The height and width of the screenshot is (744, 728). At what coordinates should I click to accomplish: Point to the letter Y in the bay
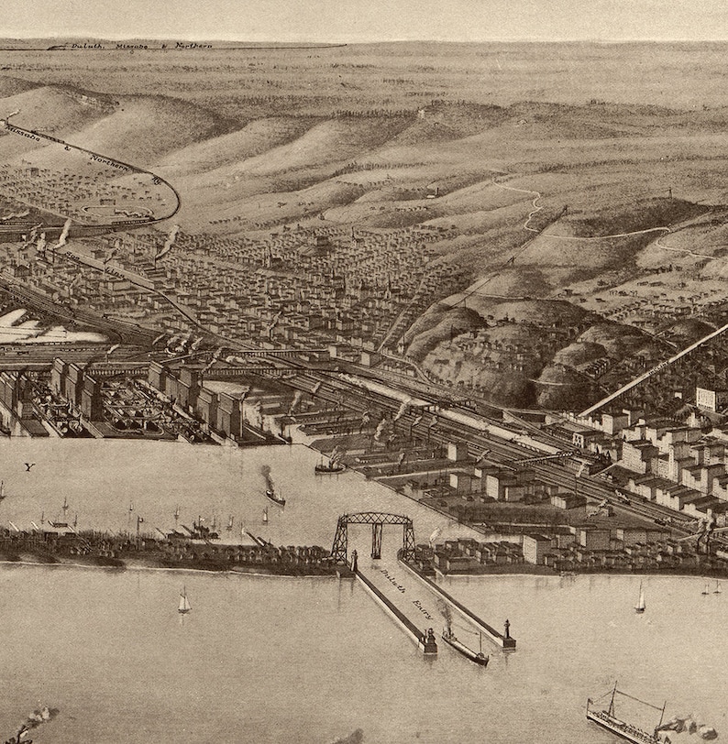click(x=28, y=467)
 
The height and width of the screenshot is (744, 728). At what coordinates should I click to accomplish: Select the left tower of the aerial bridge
click(x=340, y=541)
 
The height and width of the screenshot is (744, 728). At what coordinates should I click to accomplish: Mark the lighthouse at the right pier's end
click(x=506, y=632)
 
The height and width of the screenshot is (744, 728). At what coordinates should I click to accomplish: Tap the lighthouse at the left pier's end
click(x=428, y=641)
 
